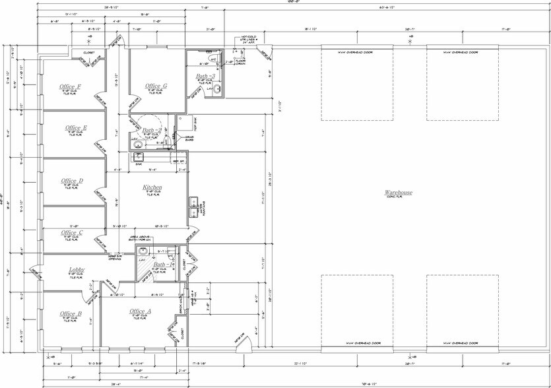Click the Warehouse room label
tap(399, 193)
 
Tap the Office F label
tap(70, 86)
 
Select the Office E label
tap(77, 128)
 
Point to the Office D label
tap(72, 181)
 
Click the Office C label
tap(72, 232)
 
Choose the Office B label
tap(71, 313)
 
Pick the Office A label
tap(141, 311)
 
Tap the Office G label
tap(156, 86)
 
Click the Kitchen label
tap(152, 188)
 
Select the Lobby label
tap(77, 270)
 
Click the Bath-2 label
tap(152, 131)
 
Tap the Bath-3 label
tap(205, 77)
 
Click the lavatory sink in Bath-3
tap(215, 89)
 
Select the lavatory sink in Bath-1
tap(142, 251)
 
